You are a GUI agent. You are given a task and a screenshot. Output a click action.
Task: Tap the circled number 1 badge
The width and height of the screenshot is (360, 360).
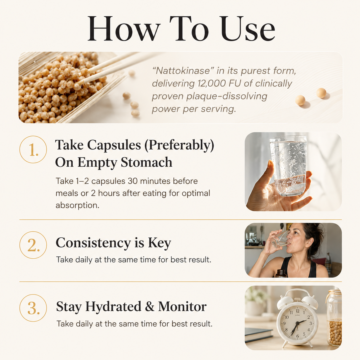click(x=33, y=150)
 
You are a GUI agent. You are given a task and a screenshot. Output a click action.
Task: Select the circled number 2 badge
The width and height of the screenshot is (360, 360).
click(x=33, y=245)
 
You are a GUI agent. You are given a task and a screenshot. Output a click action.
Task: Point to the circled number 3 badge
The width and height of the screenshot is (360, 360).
click(x=33, y=308)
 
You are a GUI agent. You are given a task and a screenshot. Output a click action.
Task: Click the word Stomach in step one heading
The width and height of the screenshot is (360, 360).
click(x=146, y=162)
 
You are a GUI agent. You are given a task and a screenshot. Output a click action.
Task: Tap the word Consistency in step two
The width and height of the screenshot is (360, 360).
click(x=93, y=243)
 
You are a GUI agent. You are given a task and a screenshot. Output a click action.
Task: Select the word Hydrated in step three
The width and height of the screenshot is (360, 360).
click(x=113, y=307)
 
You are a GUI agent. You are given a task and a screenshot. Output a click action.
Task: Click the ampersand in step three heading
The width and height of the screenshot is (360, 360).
click(x=150, y=307)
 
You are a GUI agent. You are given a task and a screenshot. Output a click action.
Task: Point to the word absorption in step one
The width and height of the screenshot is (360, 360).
click(x=77, y=205)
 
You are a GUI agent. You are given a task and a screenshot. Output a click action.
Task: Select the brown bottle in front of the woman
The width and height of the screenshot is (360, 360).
click(x=281, y=273)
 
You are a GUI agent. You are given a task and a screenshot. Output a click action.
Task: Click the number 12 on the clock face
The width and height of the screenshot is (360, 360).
click(x=297, y=311)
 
